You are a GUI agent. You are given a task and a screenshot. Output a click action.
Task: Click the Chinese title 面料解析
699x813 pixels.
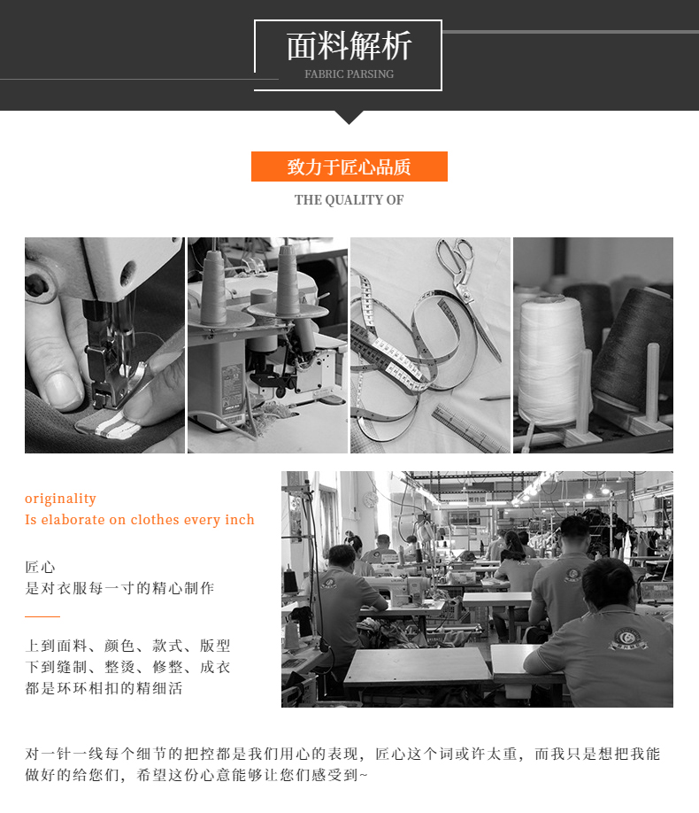[x=349, y=46]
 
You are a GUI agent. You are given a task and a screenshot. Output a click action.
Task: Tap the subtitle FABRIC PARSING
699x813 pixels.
[x=349, y=74]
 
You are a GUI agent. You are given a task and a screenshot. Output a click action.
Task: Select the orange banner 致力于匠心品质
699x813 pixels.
[x=349, y=166]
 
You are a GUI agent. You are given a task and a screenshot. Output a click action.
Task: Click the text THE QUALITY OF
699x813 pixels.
[x=349, y=199]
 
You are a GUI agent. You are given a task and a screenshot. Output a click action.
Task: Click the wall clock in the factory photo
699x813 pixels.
[x=370, y=499]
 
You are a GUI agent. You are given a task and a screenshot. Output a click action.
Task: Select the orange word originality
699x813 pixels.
[x=60, y=499]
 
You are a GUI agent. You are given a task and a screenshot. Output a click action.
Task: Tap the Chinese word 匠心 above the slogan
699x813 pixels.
[x=40, y=567]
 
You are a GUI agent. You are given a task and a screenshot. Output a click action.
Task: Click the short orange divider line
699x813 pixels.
[x=42, y=616]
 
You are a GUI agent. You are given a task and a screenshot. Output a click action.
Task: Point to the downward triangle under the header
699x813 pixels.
[x=349, y=117]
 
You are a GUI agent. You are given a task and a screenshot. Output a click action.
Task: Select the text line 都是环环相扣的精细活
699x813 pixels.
[x=104, y=688]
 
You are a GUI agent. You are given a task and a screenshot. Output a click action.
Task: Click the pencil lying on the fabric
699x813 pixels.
[x=494, y=398]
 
